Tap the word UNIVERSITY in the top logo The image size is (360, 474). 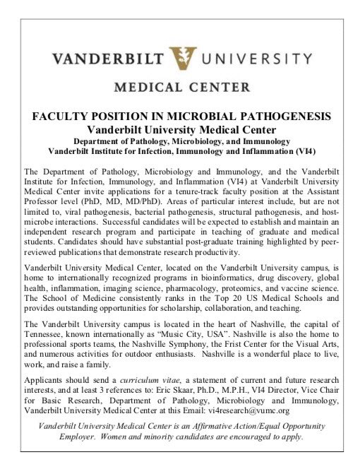[x=251, y=59]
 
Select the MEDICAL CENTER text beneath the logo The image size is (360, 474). [x=180, y=88]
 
